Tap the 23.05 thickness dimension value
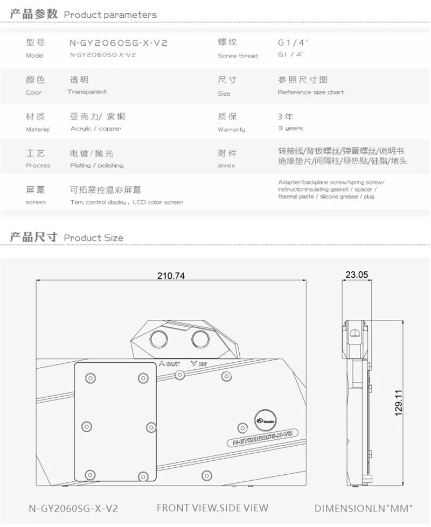click(357, 275)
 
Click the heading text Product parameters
click(110, 15)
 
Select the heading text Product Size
click(93, 237)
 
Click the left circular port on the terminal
click(159, 339)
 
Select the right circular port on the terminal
click(200, 339)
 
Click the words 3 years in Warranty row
click(290, 129)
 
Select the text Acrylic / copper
click(95, 129)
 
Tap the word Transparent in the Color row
click(87, 92)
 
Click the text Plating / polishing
click(96, 165)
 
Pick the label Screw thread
click(238, 56)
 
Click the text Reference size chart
click(311, 92)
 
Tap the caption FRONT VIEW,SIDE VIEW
click(212, 508)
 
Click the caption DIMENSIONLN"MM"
click(364, 508)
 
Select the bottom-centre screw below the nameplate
click(205, 475)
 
